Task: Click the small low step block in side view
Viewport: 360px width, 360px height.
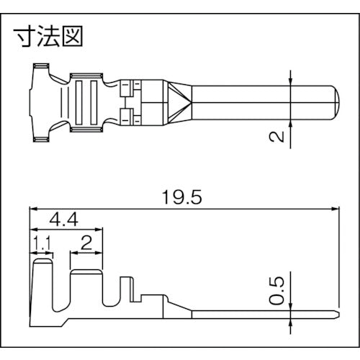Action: click(x=152, y=300)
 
